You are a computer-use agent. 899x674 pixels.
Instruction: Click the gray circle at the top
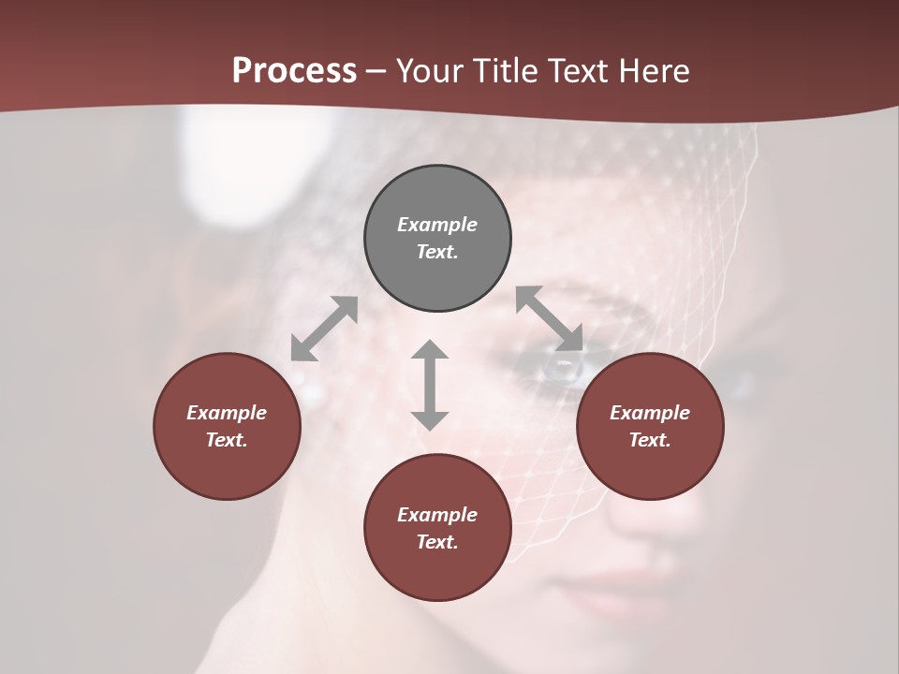(x=437, y=239)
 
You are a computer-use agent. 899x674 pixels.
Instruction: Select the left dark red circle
(x=227, y=426)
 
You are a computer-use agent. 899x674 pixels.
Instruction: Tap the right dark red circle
(x=650, y=426)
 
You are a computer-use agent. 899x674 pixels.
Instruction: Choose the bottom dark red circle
(x=437, y=527)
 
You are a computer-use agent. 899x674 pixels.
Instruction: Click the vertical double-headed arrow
(x=430, y=385)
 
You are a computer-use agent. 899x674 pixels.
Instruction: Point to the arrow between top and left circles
(x=324, y=329)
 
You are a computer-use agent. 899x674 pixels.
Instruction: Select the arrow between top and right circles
(x=550, y=318)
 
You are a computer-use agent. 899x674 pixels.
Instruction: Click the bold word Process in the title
(x=294, y=70)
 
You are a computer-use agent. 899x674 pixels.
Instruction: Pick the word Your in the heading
(x=431, y=70)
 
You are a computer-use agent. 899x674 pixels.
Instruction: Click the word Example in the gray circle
(x=437, y=225)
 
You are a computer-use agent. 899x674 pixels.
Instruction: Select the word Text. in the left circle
(x=227, y=440)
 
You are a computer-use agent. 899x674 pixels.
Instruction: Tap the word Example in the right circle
(x=650, y=413)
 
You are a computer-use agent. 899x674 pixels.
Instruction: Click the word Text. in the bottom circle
(x=437, y=542)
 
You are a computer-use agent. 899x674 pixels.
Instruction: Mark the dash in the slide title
(x=376, y=71)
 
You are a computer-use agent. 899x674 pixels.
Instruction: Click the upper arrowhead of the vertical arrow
(x=430, y=350)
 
